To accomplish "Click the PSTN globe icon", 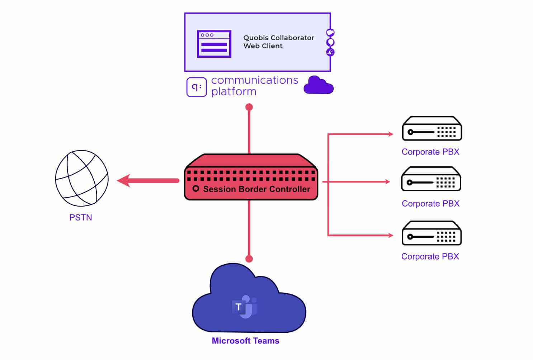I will pos(82,178).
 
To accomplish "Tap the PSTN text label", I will pos(81,218).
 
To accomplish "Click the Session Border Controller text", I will pos(256,189).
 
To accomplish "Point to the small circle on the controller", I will pos(196,188).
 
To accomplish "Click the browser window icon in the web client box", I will pos(214,44).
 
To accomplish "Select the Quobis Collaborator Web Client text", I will pos(278,42).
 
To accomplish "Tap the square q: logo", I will pos(197,87).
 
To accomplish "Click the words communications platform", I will pos(254,86).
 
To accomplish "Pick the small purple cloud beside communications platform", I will pos(318,85).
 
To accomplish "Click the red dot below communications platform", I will pos(249,107).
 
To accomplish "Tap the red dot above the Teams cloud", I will pos(249,259).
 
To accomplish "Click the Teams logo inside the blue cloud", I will pos(245,307).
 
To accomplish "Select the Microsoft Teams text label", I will pos(245,341).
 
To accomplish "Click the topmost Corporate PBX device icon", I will pos(432,128).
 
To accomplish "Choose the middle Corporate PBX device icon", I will pos(431,179).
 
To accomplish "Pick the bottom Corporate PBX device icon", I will pos(431,233).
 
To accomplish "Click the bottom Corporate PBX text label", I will pos(430,256).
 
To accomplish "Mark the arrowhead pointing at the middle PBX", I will pos(387,182).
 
